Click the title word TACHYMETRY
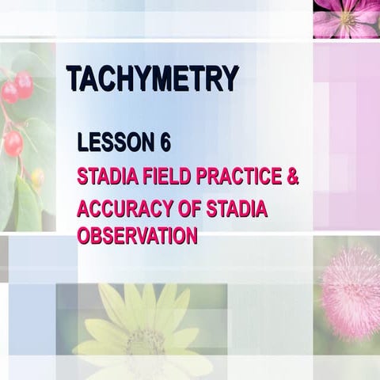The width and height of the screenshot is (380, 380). pos(152,78)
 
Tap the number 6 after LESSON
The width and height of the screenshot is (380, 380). pos(165,143)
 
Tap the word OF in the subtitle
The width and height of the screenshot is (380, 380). pos(189,209)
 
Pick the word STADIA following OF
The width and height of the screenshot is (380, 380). pos(237,209)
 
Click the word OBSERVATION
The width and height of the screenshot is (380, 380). pos(137,236)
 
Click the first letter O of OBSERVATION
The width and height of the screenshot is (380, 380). pos(84,236)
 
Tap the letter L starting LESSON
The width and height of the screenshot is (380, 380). pos(82,143)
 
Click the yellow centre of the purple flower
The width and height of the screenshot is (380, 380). pos(347,17)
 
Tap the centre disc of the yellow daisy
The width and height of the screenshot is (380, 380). pos(146,341)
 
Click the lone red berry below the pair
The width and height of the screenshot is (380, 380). pos(13,143)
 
